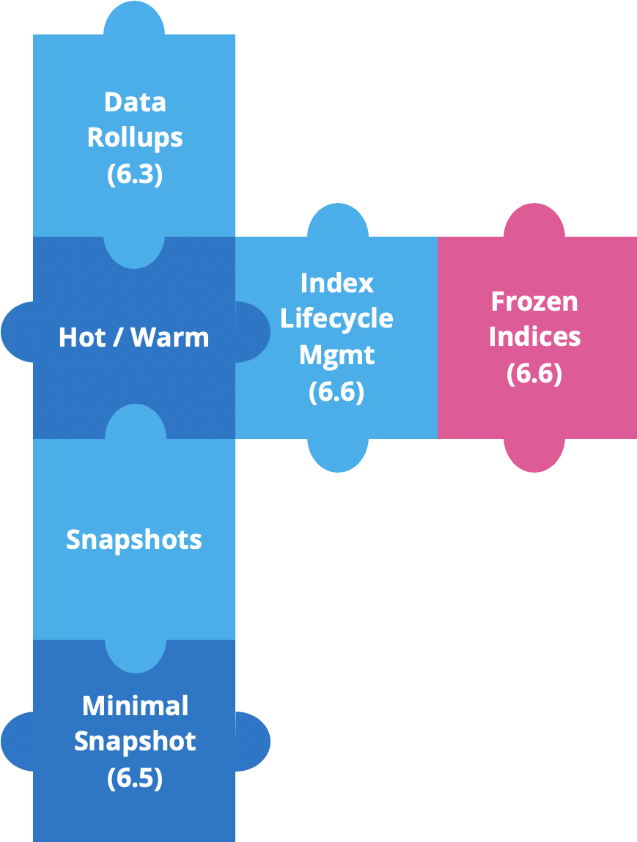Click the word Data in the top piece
click(x=134, y=102)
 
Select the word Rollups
click(x=134, y=138)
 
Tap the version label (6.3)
click(x=134, y=174)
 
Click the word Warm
click(x=172, y=337)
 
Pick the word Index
click(x=336, y=283)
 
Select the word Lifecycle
click(x=336, y=319)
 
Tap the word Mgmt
click(x=336, y=355)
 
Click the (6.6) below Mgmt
click(x=336, y=391)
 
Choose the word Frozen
click(x=534, y=300)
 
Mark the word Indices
click(x=534, y=336)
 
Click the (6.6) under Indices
click(x=534, y=373)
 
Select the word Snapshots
click(x=133, y=539)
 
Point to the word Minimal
click(x=135, y=706)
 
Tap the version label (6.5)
click(x=134, y=778)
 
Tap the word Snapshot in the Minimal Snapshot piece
click(x=134, y=742)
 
